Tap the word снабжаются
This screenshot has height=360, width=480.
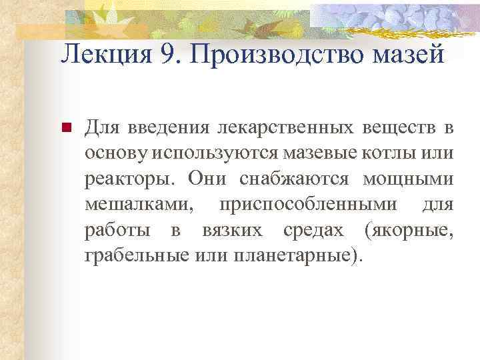(296, 179)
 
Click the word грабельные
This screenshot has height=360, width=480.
(136, 255)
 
